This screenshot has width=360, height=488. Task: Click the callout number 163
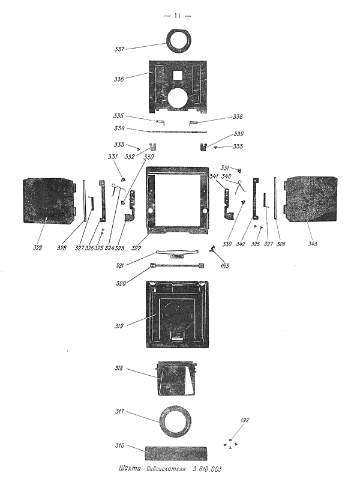coord(224,265)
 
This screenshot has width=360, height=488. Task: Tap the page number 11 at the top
coord(177,15)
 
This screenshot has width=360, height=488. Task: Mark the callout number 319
coord(119,326)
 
